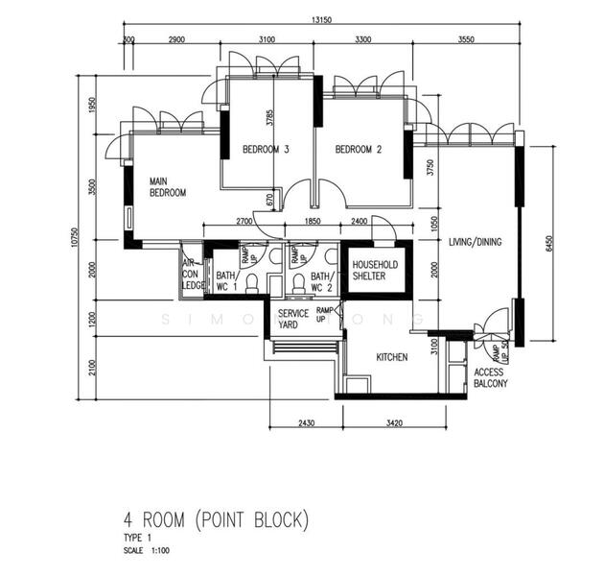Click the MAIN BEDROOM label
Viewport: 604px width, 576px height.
coord(167,186)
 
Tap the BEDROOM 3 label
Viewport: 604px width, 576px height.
coord(266,150)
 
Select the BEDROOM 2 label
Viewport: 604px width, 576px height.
coord(359,150)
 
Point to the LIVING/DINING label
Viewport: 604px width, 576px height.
coord(475,242)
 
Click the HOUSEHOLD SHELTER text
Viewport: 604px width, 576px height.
coord(375,270)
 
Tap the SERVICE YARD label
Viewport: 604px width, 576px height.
coord(292,320)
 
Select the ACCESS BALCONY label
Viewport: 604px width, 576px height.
coord(490,377)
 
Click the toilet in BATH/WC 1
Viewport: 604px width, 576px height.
coord(252,283)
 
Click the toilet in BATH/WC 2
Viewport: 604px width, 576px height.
coord(298,283)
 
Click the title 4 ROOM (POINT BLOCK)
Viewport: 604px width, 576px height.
coord(216,521)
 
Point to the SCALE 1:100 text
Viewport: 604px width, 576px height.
coord(147,550)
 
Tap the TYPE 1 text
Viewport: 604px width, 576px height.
coord(137,539)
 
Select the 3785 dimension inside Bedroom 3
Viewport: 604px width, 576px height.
coord(271,119)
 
